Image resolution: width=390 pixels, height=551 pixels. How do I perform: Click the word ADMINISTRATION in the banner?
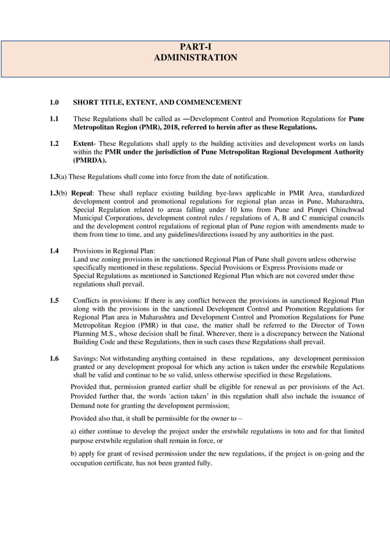(x=195, y=57)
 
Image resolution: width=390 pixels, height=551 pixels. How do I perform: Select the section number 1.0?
(x=54, y=103)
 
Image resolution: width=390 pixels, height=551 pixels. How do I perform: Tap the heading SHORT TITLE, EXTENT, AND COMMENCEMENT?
(x=157, y=103)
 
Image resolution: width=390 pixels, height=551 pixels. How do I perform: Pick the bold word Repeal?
(x=83, y=193)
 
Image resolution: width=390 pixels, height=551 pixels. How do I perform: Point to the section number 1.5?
(x=54, y=301)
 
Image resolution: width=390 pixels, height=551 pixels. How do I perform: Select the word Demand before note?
(x=83, y=405)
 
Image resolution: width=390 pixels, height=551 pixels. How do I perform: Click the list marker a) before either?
(x=74, y=431)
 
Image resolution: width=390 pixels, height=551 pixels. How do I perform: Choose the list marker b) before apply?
(x=74, y=454)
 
